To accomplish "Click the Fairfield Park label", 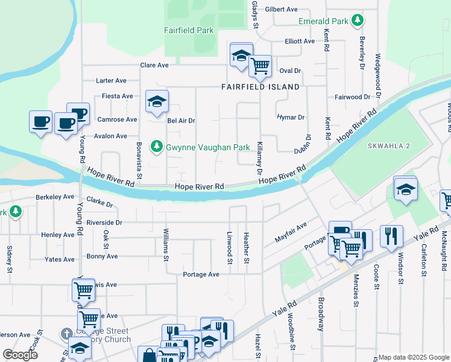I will point(189,30).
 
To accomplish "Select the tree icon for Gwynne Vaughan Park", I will point(157,147).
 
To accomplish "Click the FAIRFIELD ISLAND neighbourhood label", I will point(260,87).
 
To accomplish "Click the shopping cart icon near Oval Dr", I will point(260,66).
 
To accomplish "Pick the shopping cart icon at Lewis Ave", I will point(83,291).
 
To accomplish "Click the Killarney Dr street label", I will point(260,159).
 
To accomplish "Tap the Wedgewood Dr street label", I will point(378,75).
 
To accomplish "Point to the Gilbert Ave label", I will point(282,10).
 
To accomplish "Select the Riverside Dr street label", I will point(104,222).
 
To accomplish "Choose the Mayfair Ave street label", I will point(291,231).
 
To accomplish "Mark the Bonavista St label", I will point(139,162).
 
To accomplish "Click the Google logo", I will point(20,355).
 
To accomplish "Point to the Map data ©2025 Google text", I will point(413,357).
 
